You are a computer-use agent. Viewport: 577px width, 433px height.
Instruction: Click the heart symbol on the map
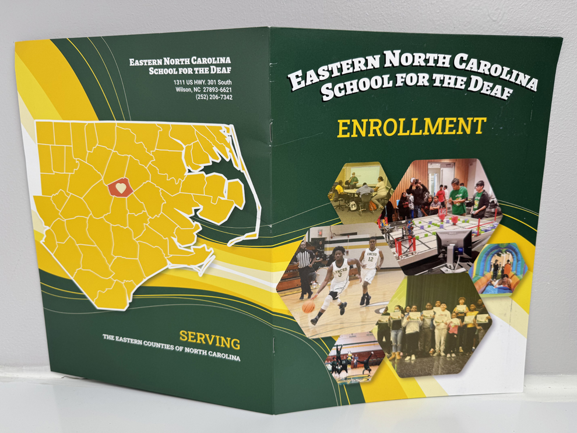(121, 188)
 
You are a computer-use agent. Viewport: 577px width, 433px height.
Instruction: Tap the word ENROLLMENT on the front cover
(411, 126)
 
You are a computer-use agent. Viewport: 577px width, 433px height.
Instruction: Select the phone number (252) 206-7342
(214, 97)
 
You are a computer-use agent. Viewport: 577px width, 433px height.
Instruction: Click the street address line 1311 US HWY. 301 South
(202, 83)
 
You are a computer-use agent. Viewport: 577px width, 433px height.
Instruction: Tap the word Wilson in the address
(185, 90)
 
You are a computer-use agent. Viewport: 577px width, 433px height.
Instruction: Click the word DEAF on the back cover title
(219, 71)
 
